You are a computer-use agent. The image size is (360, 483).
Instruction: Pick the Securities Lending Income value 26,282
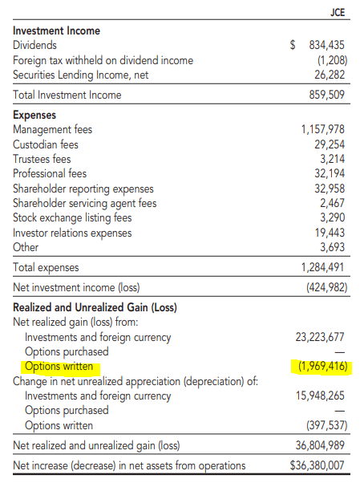point(330,75)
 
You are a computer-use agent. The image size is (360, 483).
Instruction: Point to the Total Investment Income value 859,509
point(326,95)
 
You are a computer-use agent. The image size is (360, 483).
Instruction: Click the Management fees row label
point(52,129)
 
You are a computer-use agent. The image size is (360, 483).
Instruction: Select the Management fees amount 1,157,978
point(322,129)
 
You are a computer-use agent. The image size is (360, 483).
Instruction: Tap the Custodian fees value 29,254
point(330,144)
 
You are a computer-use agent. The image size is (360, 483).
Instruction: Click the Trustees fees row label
point(42,159)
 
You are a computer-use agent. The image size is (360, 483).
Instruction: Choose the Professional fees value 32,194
point(330,173)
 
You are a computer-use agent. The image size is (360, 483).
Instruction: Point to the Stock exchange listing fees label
point(72,217)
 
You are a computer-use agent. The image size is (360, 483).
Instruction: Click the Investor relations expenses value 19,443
point(330,232)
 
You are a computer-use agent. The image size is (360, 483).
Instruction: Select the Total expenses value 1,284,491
point(322,267)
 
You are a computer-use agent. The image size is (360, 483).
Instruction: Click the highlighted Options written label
point(59,367)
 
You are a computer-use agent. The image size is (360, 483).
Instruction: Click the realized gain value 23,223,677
point(319,337)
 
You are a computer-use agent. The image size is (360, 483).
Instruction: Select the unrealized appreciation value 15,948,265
point(319,396)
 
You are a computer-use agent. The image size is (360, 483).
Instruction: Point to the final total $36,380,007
point(317,465)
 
